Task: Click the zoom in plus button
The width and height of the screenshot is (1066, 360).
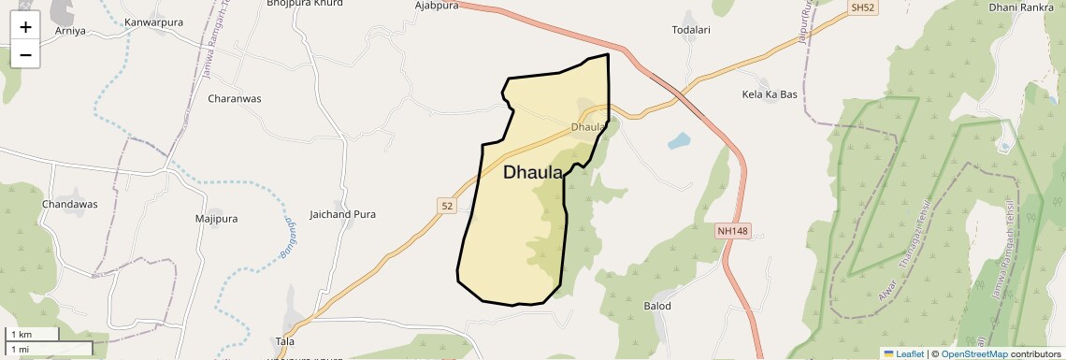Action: pyautogui.click(x=25, y=26)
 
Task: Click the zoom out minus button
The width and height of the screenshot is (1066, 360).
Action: pyautogui.click(x=25, y=54)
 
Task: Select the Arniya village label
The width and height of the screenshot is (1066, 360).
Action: pyautogui.click(x=70, y=31)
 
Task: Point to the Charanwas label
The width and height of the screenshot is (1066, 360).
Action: pyautogui.click(x=235, y=98)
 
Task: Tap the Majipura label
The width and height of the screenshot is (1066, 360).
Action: pyautogui.click(x=216, y=219)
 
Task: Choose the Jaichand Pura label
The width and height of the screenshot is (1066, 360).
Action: pyautogui.click(x=342, y=214)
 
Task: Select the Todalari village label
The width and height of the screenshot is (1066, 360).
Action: pyautogui.click(x=692, y=30)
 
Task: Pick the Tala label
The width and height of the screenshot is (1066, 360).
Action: pyautogui.click(x=285, y=341)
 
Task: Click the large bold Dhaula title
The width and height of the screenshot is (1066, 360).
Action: pyautogui.click(x=533, y=172)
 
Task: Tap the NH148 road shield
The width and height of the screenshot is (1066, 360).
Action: pyautogui.click(x=734, y=230)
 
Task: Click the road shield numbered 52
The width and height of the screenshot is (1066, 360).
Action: pyautogui.click(x=446, y=205)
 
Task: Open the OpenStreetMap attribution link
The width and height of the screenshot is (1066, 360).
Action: pyautogui.click(x=973, y=353)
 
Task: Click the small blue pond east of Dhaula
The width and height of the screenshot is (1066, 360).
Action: pyautogui.click(x=679, y=141)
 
